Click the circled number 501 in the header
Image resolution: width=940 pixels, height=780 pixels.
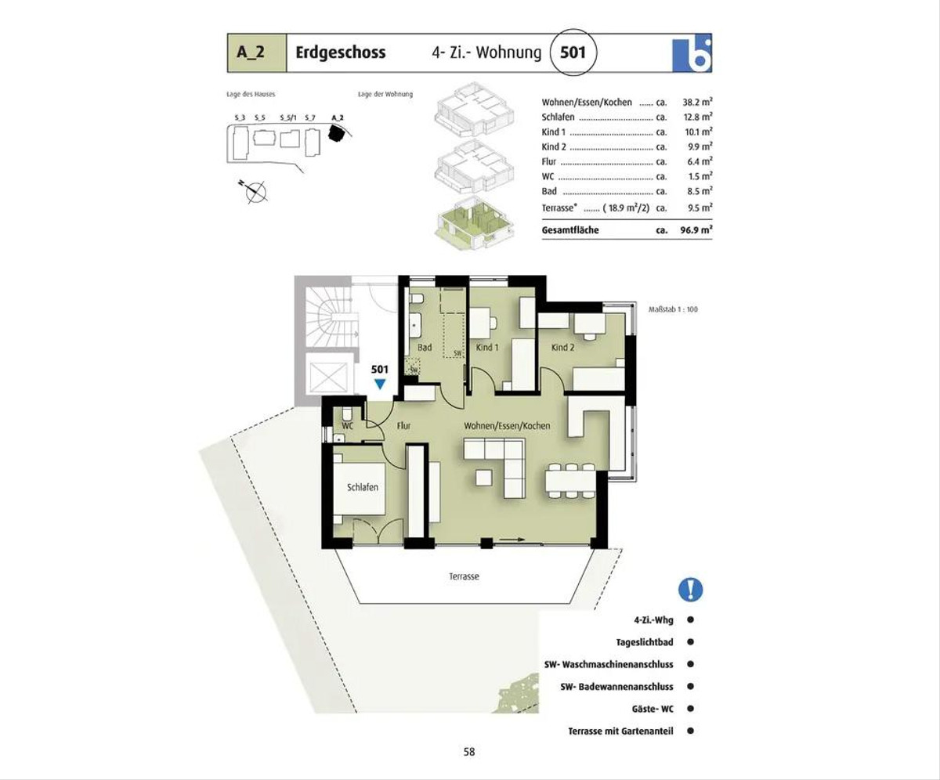573,52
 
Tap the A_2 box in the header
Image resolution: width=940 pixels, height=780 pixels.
257,52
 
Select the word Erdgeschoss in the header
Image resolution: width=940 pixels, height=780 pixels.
340,52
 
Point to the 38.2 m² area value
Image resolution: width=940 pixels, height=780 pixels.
697,102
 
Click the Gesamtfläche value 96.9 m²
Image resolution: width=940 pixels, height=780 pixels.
696,230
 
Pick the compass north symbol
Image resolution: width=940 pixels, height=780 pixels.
254,191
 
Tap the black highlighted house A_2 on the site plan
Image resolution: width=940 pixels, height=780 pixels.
336,133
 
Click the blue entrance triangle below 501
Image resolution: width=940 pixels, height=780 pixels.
380,384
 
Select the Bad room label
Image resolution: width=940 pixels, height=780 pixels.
424,347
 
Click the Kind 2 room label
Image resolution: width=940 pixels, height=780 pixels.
562,347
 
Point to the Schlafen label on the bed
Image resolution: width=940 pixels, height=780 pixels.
363,487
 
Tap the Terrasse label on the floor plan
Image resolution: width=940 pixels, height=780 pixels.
464,576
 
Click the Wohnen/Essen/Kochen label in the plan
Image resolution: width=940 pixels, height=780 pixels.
507,425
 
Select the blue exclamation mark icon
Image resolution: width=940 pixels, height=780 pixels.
690,590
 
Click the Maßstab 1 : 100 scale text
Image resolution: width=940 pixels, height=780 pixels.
673,309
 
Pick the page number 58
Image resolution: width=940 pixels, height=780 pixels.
469,752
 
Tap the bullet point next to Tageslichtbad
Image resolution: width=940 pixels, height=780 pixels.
690,642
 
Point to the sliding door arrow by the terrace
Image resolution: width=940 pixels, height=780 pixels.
512,540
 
